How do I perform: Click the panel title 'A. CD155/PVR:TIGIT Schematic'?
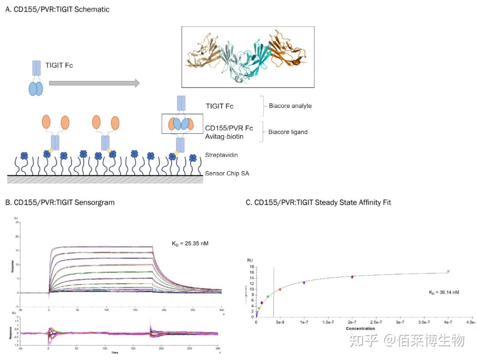click(x=57, y=9)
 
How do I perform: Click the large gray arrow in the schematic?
click(x=94, y=83)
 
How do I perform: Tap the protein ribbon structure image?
click(x=248, y=57)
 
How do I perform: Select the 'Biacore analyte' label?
click(x=290, y=106)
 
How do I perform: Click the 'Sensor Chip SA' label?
click(x=227, y=173)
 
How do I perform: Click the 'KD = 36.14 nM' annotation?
click(x=444, y=292)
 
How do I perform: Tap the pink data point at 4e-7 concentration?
click(x=448, y=271)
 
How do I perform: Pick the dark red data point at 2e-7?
click(x=352, y=277)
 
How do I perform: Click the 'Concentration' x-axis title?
click(x=360, y=329)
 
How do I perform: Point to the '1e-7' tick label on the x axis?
click(x=304, y=323)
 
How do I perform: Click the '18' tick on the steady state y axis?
click(x=251, y=267)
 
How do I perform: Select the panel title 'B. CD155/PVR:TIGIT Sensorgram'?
click(x=60, y=203)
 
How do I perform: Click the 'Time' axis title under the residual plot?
click(x=115, y=353)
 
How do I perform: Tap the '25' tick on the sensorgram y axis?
click(x=16, y=222)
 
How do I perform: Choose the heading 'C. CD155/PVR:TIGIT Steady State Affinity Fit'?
click(x=318, y=203)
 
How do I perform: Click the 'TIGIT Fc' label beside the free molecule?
click(x=59, y=65)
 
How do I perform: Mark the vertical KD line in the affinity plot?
click(x=273, y=292)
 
